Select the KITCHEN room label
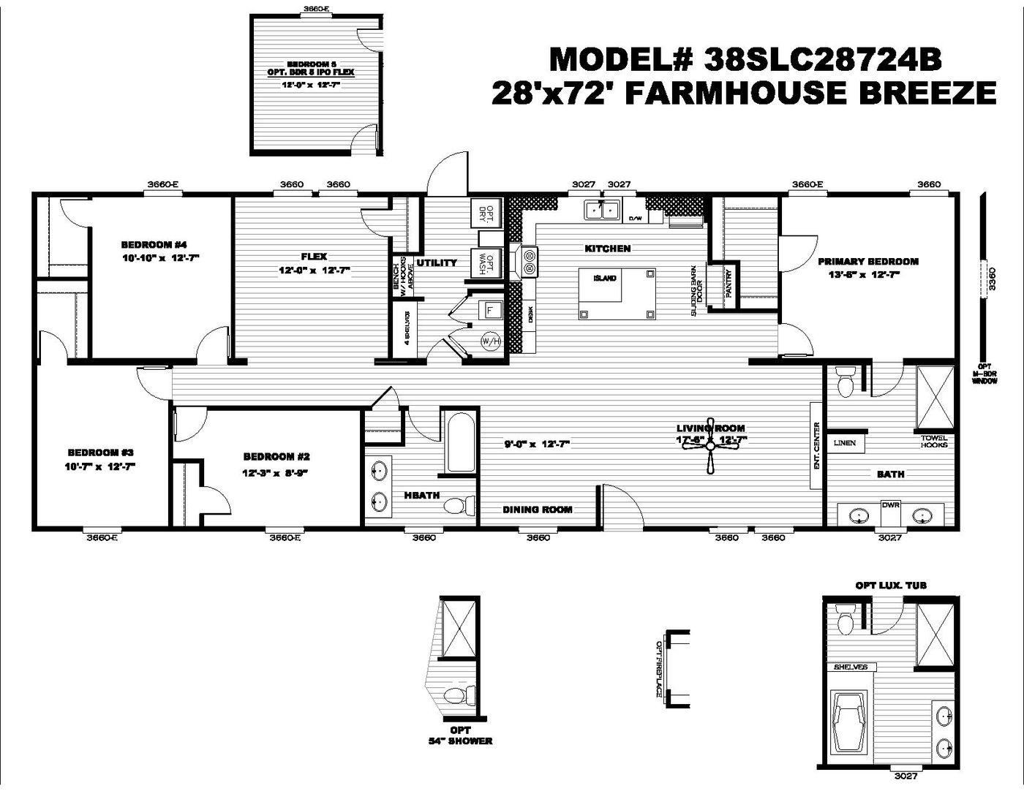607,249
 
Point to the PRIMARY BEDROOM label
867,261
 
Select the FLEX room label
314,257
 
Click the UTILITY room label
437,262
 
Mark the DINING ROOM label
537,510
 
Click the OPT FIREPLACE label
659,669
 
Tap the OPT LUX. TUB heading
891,586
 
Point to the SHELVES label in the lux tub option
850,667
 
